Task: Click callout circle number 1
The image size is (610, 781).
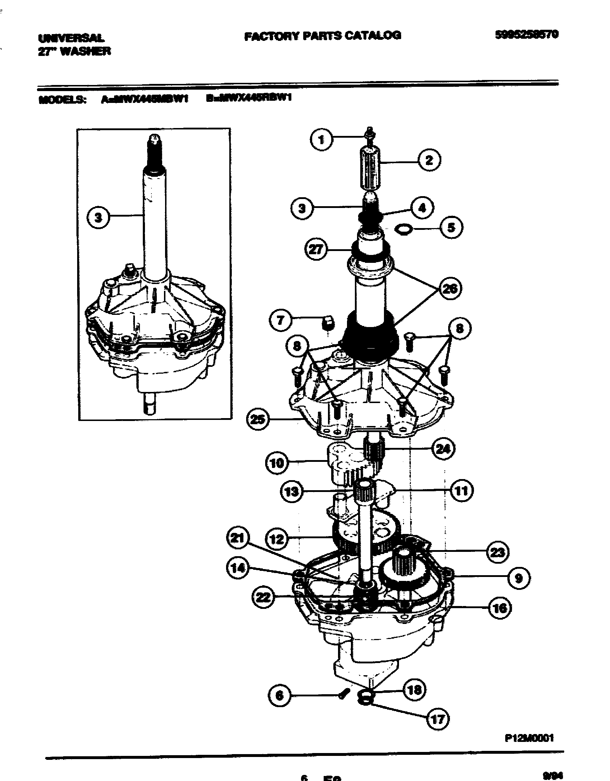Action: coord(321,139)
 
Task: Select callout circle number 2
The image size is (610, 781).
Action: coord(429,160)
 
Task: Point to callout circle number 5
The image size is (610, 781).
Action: coord(451,227)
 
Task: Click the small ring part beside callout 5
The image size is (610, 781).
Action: coord(401,229)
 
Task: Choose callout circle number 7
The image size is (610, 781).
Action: coord(280,320)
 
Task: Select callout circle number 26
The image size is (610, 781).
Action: coord(450,288)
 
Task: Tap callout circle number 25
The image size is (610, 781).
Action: coord(258,419)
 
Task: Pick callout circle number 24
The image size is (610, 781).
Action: coord(442,448)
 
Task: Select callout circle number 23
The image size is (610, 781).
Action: coord(497,553)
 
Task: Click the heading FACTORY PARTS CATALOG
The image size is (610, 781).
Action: coord(322,35)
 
